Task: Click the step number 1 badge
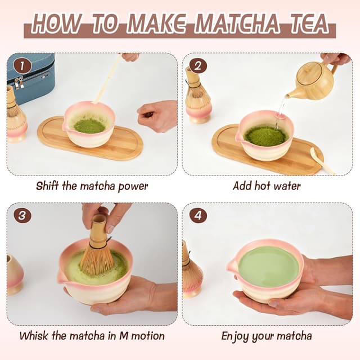pos(22,66)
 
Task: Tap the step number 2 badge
pos(197,66)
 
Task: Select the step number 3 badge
pos(22,215)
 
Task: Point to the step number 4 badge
pos(197,215)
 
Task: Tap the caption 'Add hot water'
pos(267,186)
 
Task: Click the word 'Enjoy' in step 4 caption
pos(236,336)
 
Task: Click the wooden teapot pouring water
pos(313,82)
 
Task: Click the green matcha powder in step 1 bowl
pos(89,125)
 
